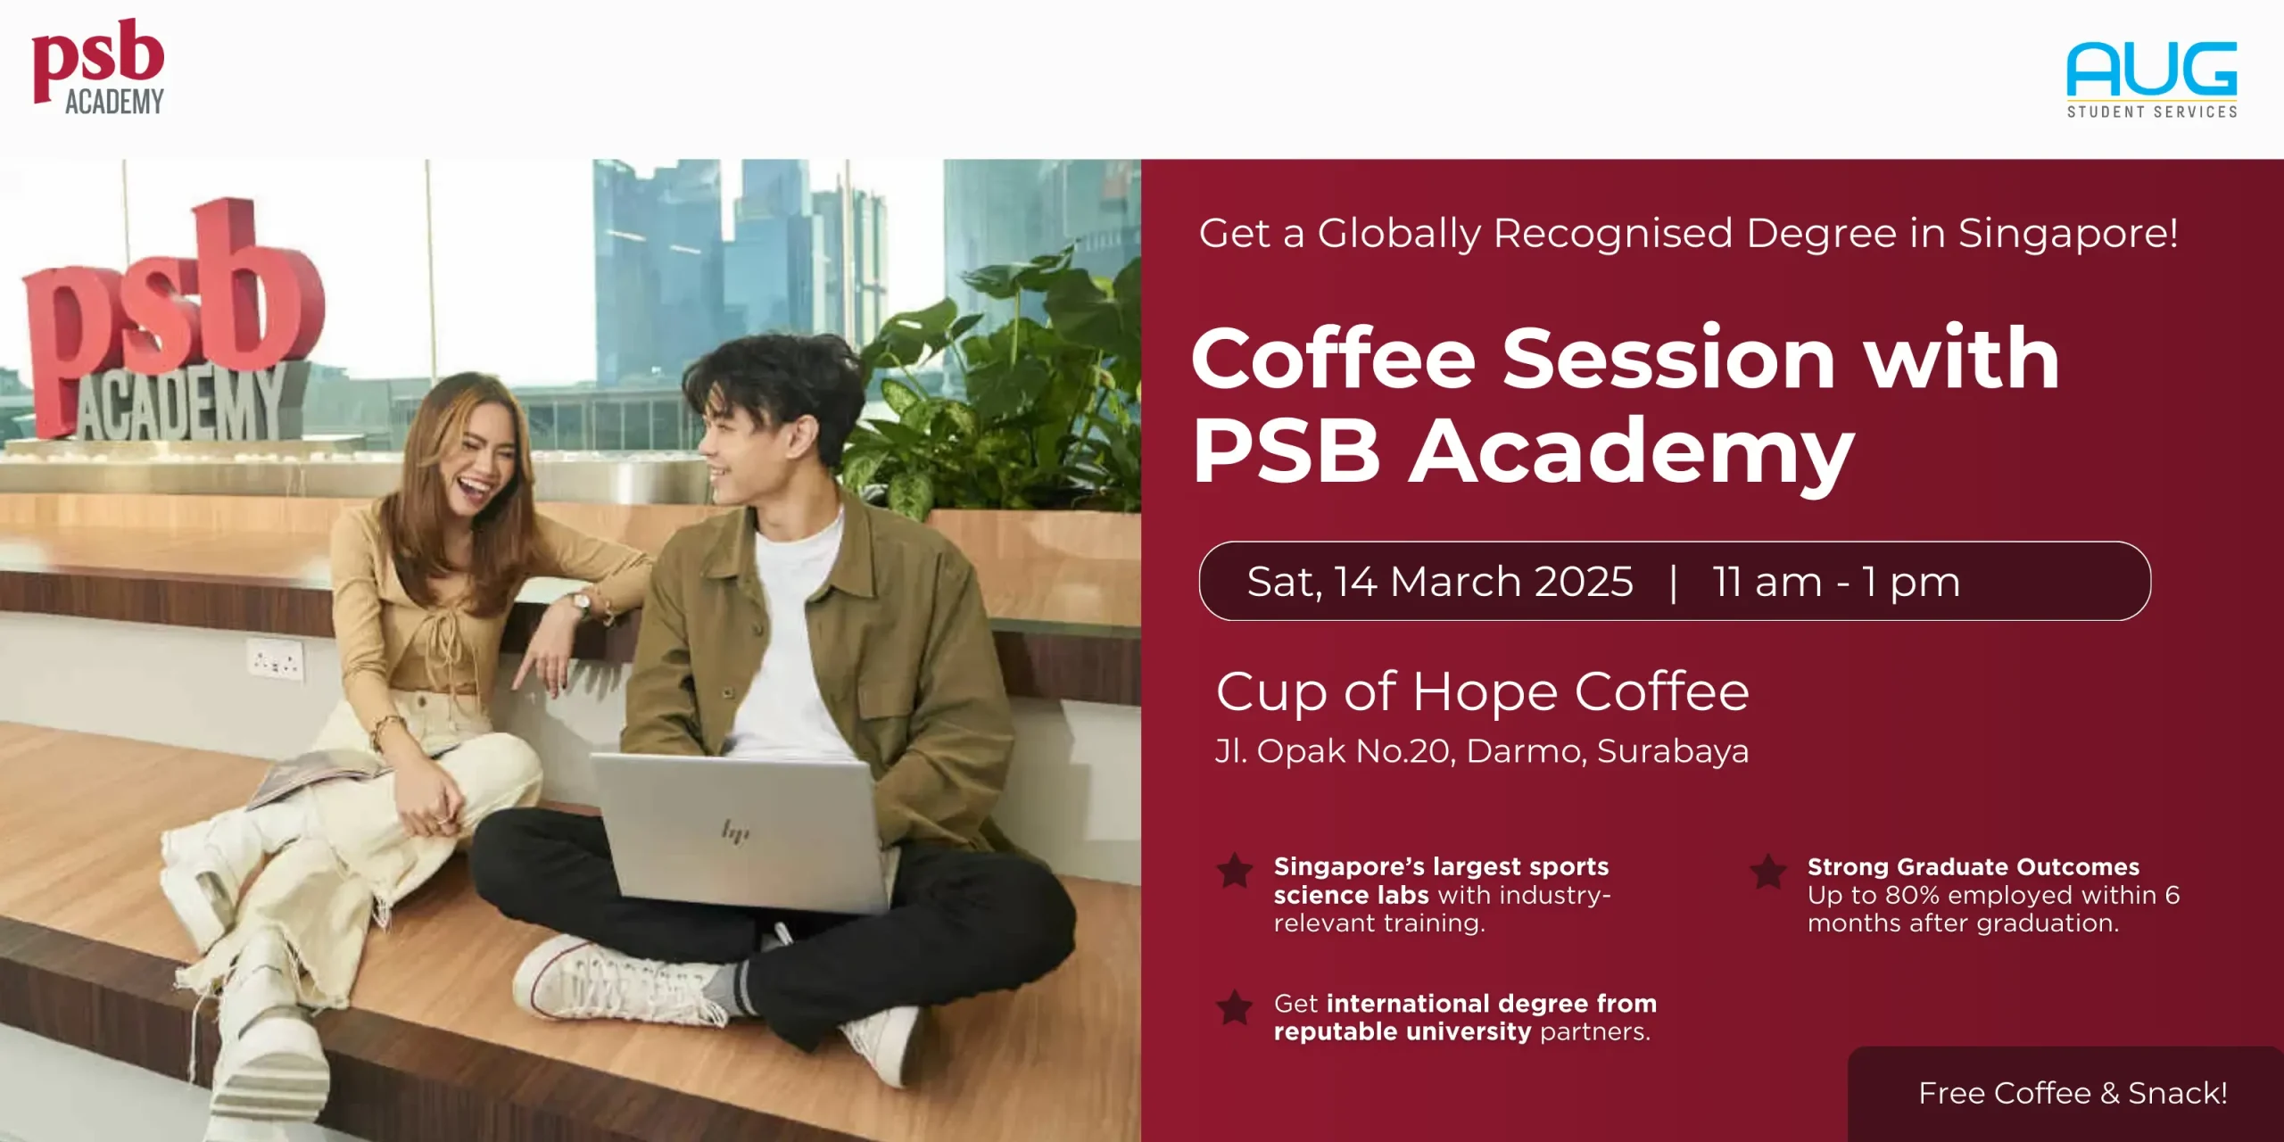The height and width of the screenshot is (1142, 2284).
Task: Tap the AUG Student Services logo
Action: coord(2151,79)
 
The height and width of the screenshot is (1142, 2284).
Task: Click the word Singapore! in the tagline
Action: coord(2068,234)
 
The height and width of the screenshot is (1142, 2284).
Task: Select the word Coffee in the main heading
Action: coord(1333,359)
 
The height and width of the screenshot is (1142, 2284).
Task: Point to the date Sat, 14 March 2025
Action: coord(1439,582)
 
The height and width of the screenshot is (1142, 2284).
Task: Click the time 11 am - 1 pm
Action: coord(1836,582)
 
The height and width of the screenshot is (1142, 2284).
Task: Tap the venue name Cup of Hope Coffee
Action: coord(1482,691)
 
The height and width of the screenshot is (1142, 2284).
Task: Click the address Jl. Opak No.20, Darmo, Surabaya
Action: coord(1482,751)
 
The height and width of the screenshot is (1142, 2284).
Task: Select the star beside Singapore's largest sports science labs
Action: coord(1235,871)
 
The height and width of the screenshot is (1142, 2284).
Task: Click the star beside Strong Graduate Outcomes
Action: coord(1767,871)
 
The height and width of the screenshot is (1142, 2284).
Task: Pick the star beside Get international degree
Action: coord(1235,1007)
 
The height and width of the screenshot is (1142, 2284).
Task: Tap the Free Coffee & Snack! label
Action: coord(2073,1093)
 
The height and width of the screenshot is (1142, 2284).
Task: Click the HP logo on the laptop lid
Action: coord(735,832)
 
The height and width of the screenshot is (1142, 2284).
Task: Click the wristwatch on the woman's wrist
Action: coord(582,604)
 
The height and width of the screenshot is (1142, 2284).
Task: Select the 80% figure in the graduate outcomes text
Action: coord(1914,895)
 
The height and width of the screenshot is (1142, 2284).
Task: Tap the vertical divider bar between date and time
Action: coord(1673,582)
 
